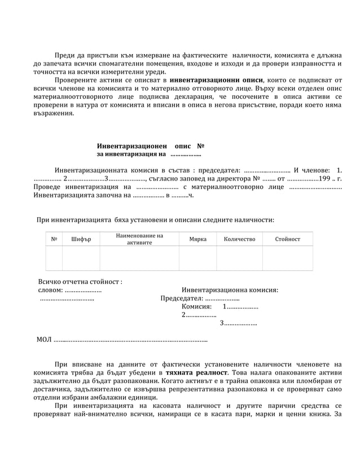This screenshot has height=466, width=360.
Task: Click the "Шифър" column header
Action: pyautogui.click(x=81, y=239)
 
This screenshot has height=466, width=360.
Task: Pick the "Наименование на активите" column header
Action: pyautogui.click(x=139, y=239)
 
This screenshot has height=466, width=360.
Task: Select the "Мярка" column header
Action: pyautogui.click(x=197, y=239)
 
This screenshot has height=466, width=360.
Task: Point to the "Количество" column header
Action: pyautogui.click(x=239, y=239)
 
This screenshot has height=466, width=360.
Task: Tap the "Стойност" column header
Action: pyautogui.click(x=287, y=239)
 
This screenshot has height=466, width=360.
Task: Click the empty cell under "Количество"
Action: pyautogui.click(x=239, y=258)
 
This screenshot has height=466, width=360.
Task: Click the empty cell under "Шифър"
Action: pyautogui.click(x=81, y=258)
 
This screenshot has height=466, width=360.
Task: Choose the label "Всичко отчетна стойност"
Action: pyautogui.click(x=80, y=282)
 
